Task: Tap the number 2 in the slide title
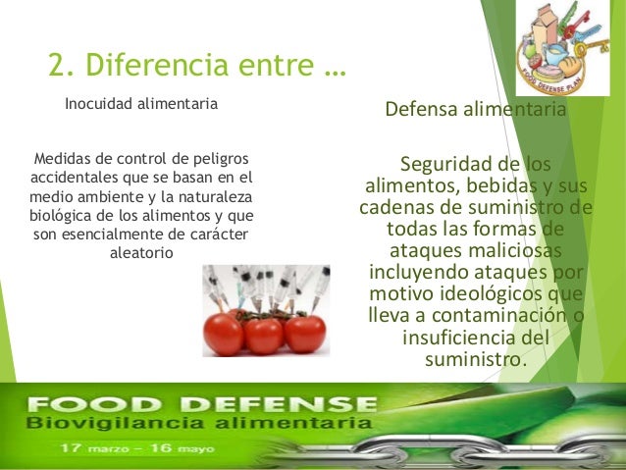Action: tap(57, 66)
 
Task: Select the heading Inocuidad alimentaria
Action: tap(141, 103)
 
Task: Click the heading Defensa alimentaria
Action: tap(475, 110)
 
